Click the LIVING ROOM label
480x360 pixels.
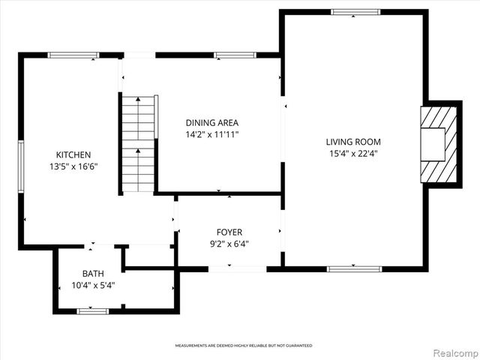[353, 142]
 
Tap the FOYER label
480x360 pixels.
[229, 232]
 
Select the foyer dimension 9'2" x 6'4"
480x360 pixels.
[229, 244]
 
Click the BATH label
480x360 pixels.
[93, 273]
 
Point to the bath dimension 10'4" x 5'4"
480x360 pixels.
[93, 285]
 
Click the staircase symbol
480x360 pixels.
[138, 143]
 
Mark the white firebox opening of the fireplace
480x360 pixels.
[433, 143]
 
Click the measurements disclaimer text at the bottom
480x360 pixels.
[244, 346]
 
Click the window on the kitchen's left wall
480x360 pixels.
[21, 161]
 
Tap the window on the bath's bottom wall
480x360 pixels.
[93, 310]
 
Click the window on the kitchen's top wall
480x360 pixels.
[73, 55]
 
